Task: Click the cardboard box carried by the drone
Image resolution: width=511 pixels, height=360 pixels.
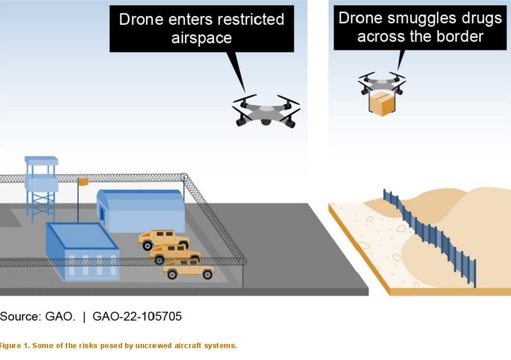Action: [x=382, y=104]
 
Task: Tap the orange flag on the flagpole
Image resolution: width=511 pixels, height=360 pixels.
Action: [x=84, y=182]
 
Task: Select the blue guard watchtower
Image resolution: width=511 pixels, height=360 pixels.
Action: [x=41, y=189]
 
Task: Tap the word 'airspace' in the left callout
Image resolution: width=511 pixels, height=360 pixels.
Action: [x=202, y=39]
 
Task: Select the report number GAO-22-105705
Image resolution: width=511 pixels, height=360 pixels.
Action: [x=137, y=316]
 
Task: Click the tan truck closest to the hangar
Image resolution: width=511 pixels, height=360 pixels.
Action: [x=164, y=239]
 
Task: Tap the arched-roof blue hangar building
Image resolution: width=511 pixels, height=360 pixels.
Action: [x=141, y=211]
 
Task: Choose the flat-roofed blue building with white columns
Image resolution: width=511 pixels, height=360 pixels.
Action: [x=82, y=251]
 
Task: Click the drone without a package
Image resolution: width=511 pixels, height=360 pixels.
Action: [x=266, y=111]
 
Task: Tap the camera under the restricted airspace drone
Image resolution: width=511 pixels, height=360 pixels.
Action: [x=266, y=122]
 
